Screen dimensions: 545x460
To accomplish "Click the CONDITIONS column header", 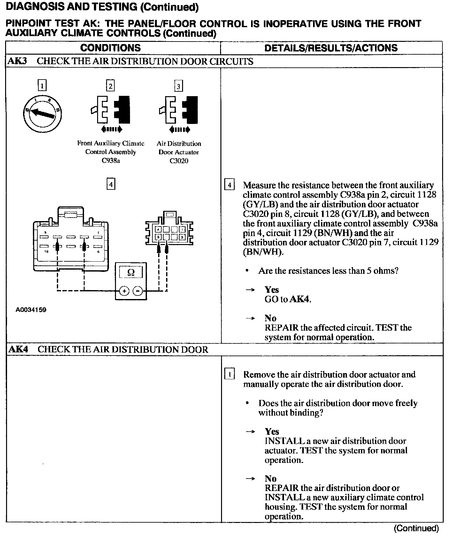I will [x=111, y=48].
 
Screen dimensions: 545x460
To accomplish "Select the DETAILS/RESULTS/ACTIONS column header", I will [x=331, y=48].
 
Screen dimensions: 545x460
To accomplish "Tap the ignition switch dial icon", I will [x=43, y=113].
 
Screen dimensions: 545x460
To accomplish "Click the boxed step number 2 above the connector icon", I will [x=110, y=86].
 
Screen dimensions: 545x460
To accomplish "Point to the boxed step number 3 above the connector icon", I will [x=178, y=86].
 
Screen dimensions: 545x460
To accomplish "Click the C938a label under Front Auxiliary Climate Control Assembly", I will [x=111, y=161].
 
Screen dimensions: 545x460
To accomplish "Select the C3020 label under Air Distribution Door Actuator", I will [x=179, y=161].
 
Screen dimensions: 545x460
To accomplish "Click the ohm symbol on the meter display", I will [x=131, y=272].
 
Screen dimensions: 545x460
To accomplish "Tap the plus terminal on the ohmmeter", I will [x=124, y=291].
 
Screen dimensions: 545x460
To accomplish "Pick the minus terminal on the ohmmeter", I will [x=138, y=291].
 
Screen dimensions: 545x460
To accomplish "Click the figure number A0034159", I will [x=31, y=310].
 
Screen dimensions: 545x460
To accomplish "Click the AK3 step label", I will [x=17, y=61].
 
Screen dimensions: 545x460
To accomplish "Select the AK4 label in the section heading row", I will [x=18, y=349].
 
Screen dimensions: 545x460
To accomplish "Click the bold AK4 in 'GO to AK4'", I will [x=300, y=299].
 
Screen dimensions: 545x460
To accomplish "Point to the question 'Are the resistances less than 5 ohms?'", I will [x=328, y=271].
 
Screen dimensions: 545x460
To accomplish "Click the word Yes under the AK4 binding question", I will [x=272, y=432].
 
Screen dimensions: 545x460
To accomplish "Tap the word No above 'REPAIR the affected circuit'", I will [x=271, y=318].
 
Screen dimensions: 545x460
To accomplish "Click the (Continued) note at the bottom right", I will [x=416, y=528].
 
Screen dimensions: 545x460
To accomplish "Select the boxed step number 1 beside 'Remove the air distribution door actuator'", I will [x=230, y=374].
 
